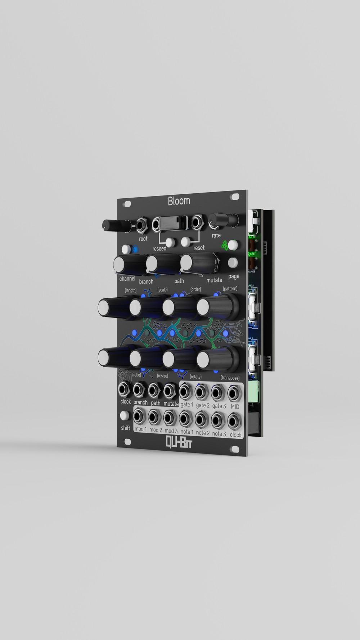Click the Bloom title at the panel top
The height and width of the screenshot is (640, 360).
coord(179,200)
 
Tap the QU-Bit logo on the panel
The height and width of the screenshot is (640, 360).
coord(179,442)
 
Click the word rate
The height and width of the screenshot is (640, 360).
coord(216,235)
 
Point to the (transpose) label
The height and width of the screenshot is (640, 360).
coord(230,378)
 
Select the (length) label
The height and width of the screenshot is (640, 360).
coord(130,290)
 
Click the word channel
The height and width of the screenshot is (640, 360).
coord(127,279)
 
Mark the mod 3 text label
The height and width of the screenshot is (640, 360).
coord(171,431)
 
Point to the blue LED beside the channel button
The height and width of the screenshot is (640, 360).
coord(136,249)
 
